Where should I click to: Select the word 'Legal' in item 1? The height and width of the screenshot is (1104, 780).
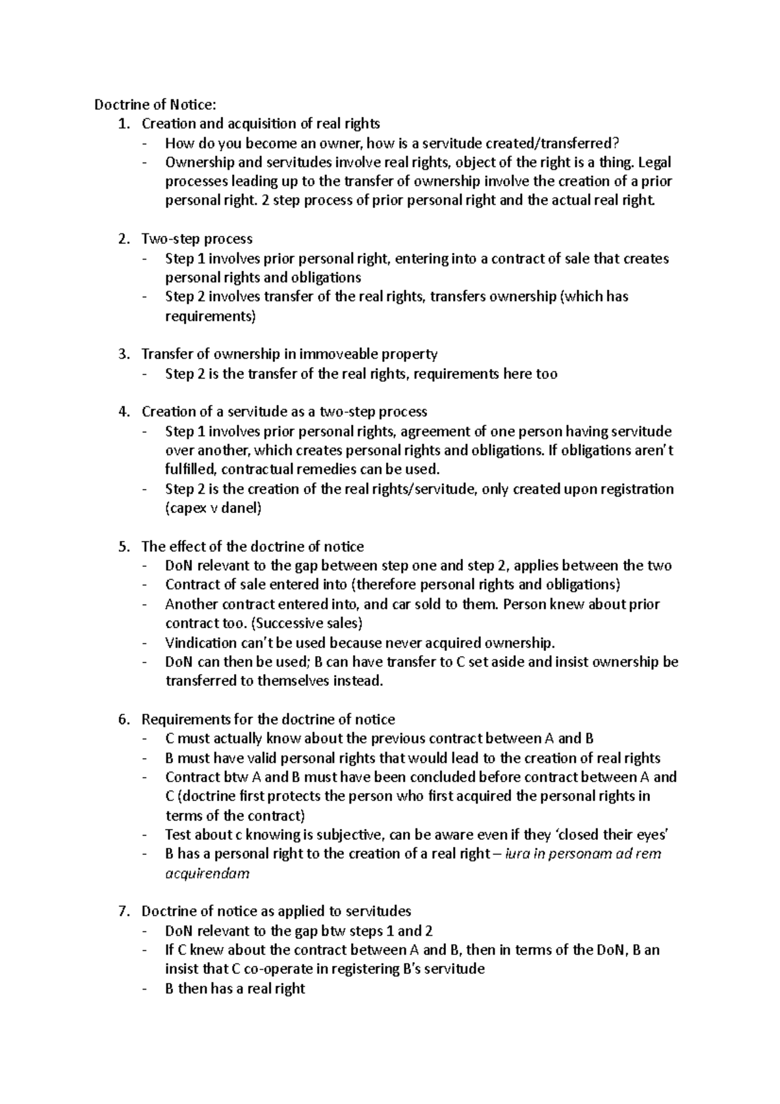click(x=655, y=162)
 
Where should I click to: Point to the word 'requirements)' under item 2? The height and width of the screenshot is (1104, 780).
click(x=211, y=316)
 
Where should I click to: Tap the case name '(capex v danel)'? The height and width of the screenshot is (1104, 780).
click(x=213, y=508)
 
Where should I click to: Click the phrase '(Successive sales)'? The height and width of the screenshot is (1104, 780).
click(x=306, y=624)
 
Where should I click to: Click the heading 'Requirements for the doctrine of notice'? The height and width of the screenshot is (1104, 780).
click(x=268, y=720)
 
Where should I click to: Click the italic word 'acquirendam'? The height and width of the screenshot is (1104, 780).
click(x=207, y=873)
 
